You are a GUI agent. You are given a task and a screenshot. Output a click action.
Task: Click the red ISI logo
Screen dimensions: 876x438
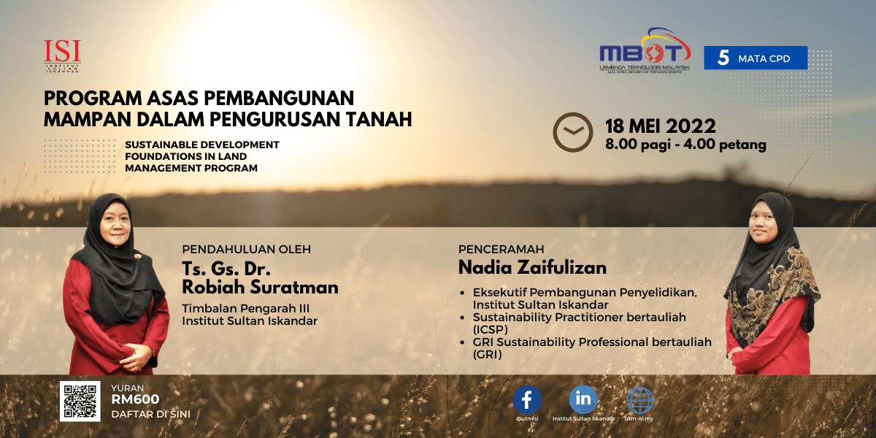pos(62,56)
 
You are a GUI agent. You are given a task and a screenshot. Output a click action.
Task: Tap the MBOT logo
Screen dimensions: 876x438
pos(645,50)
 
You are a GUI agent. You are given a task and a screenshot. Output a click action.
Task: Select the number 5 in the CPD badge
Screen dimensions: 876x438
pos(723,58)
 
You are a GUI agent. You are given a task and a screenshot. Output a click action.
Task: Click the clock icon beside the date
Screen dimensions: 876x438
pos(572,132)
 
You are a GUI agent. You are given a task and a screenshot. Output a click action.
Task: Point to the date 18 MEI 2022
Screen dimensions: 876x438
pos(661,126)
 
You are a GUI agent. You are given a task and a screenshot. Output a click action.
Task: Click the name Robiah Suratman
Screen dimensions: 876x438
pos(260,288)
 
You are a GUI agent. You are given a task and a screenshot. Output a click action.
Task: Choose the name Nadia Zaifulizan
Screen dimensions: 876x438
pos(532,267)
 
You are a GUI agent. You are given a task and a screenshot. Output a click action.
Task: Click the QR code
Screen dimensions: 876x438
pos(80,401)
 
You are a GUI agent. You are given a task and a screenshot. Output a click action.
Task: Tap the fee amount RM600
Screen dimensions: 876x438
pos(135,399)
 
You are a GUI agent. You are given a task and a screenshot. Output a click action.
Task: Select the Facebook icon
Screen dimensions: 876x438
pos(527,400)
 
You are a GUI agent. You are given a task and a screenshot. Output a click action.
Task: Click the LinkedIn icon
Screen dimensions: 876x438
pos(583,400)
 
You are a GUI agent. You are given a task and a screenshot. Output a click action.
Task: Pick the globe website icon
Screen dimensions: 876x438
pos(639,400)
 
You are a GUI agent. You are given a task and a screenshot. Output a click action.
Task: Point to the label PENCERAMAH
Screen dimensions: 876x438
pos(501,249)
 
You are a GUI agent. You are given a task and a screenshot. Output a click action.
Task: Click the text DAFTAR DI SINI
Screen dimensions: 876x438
pos(150,414)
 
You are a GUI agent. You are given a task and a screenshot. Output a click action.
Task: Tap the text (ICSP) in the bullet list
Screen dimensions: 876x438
pos(491,330)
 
